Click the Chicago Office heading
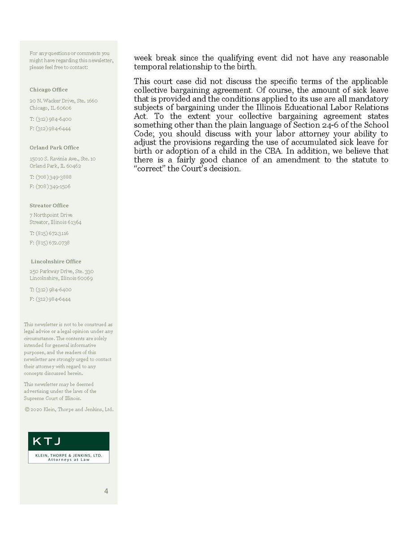49,89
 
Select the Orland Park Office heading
54,147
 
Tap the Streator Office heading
49,205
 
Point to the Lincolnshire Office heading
56,261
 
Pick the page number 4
106,491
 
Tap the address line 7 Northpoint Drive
51,215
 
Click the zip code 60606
64,108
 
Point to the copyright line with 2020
69,409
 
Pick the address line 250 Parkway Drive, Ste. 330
62,271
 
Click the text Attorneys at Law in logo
68,459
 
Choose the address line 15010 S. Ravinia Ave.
63,158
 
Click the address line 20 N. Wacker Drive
64,101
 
